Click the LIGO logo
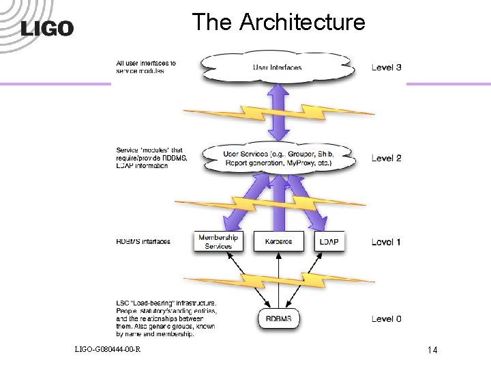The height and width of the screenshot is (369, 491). [x=47, y=28]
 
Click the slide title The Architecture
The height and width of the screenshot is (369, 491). [x=278, y=22]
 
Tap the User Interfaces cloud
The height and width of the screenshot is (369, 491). [x=277, y=67]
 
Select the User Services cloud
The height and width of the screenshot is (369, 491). [x=277, y=158]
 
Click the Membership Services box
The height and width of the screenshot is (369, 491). [x=218, y=241]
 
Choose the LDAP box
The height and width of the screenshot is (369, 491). [x=329, y=241]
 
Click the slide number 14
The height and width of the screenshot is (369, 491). [x=432, y=350]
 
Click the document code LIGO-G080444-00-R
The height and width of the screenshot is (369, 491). [x=108, y=350]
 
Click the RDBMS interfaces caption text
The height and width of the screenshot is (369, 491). [x=143, y=241]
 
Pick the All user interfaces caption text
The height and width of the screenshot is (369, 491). [x=145, y=67]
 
